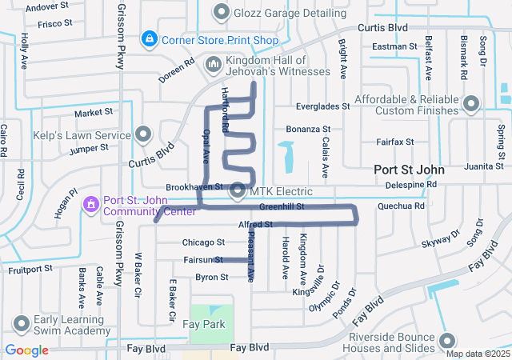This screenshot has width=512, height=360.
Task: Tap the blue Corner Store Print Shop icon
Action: coord(149,38)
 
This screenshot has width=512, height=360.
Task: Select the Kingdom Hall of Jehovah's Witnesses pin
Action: coord(214,63)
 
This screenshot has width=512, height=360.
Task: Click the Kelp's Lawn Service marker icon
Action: coord(143,133)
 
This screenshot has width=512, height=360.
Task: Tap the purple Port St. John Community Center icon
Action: coord(91,206)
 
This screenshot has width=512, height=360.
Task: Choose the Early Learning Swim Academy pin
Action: coord(20,324)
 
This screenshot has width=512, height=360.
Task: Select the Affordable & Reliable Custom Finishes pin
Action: coord(470,104)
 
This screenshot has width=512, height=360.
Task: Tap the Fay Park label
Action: coord(203,324)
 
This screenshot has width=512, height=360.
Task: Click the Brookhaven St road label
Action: coord(193,186)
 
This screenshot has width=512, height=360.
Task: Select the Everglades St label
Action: coord(322,106)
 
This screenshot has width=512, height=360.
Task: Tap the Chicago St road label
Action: coord(203,242)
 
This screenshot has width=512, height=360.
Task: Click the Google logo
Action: coord(27,350)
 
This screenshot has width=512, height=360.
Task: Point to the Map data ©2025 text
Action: coord(477,354)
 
